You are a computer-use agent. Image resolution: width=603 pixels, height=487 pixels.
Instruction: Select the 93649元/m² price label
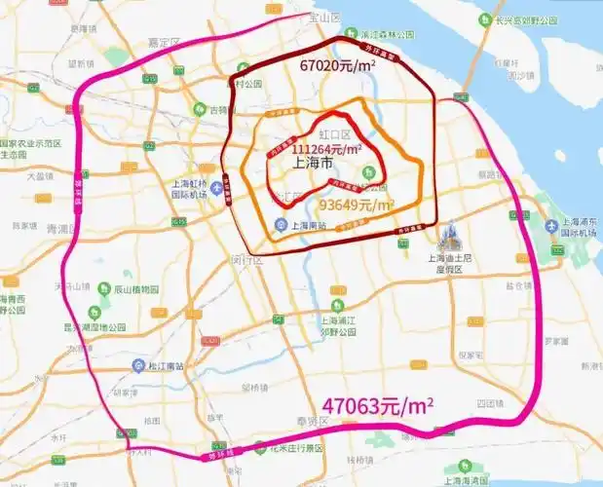click(357, 206)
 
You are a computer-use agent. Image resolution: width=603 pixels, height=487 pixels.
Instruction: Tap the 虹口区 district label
click(334, 133)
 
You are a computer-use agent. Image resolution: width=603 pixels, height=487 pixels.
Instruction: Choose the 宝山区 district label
click(321, 18)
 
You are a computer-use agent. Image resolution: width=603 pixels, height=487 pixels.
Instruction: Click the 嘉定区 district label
click(165, 44)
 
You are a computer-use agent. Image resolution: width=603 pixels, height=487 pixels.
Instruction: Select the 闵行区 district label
click(248, 260)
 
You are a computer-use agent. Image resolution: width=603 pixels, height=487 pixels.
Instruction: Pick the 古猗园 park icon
click(200, 109)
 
